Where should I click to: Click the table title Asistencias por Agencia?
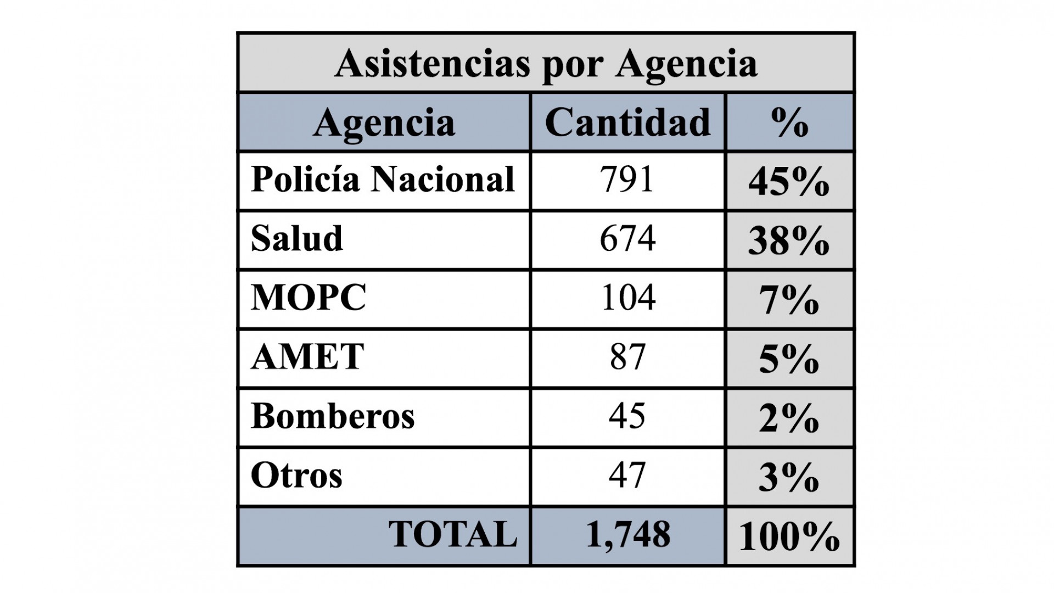(x=546, y=64)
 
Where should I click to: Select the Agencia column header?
(x=384, y=122)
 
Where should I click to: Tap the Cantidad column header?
(x=627, y=122)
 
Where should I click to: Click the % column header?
(x=789, y=122)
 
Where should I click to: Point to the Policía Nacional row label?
(x=383, y=180)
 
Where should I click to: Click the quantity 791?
(x=627, y=180)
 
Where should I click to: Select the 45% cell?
(x=789, y=182)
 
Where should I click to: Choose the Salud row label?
(x=297, y=239)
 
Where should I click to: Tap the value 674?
(x=627, y=239)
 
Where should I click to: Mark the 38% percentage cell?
(x=789, y=241)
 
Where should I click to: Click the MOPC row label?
(x=309, y=298)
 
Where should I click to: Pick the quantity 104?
(x=628, y=298)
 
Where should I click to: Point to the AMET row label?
(x=307, y=357)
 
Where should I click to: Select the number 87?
(x=627, y=357)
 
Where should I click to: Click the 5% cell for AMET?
(x=789, y=360)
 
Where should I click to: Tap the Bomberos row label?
(x=333, y=416)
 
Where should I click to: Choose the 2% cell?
(x=789, y=419)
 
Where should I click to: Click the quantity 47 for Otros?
(x=627, y=475)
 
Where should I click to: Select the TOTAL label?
(x=453, y=534)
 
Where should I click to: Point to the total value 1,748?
(x=628, y=534)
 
